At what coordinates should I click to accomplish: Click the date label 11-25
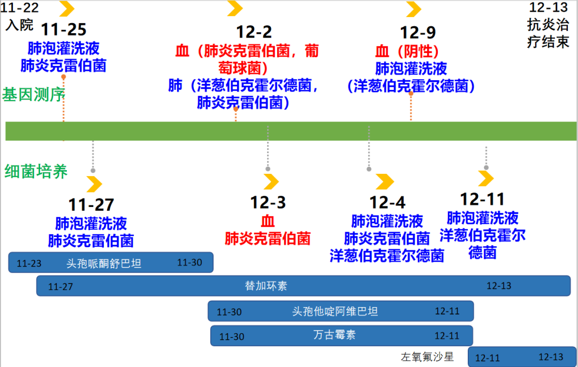[x=63, y=29]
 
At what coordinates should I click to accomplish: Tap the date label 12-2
[x=254, y=32]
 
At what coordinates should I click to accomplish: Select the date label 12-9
[x=417, y=33]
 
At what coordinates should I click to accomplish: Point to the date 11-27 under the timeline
[x=91, y=204]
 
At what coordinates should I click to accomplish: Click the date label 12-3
[x=268, y=202]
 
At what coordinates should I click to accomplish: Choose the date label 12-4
[x=387, y=202]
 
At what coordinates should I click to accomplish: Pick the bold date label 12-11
[x=483, y=200]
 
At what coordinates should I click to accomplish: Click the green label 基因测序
[x=34, y=95]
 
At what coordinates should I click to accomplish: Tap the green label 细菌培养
[x=36, y=171]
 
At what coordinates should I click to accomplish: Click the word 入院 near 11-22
[x=19, y=25]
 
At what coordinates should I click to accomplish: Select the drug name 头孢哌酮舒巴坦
[x=104, y=263]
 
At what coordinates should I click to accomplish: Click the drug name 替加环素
[x=266, y=286]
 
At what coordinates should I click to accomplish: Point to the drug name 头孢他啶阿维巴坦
[x=334, y=311]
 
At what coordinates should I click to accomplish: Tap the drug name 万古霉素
[x=334, y=334]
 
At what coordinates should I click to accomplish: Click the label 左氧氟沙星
[x=427, y=357]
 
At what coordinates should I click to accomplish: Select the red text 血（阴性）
[x=407, y=51]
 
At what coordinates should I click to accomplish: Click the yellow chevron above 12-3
[x=271, y=182]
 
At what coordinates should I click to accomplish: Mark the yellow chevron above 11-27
[x=94, y=184]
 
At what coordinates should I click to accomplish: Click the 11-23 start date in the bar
[x=29, y=263]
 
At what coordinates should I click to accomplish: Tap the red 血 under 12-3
[x=268, y=221]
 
